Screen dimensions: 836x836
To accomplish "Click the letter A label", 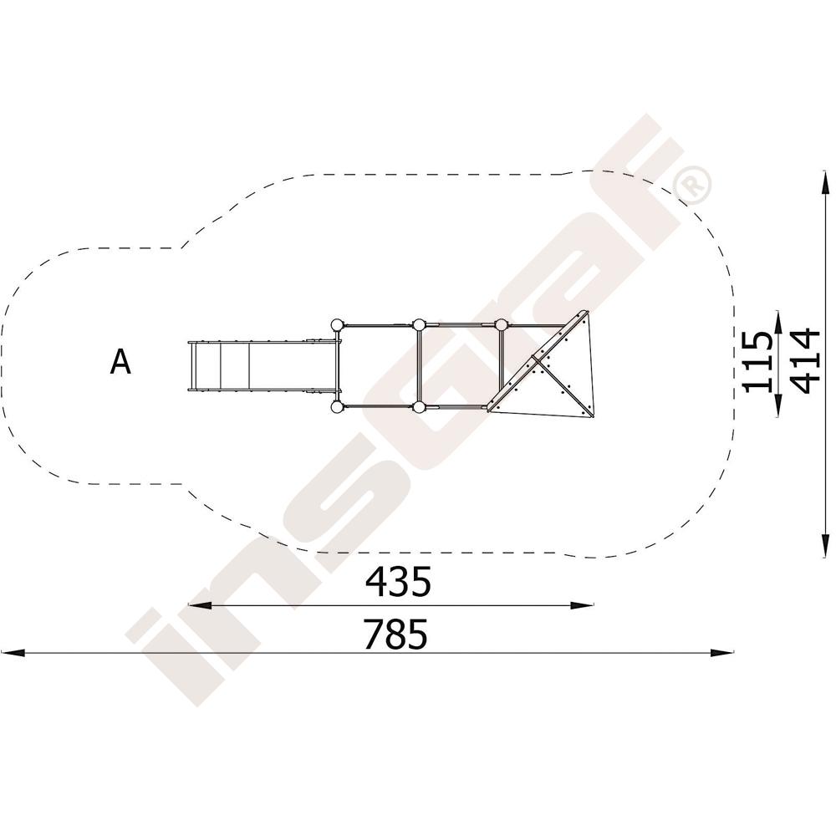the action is point(120,362).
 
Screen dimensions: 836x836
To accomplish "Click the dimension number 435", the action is point(398,582).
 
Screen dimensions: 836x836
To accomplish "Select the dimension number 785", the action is point(395,634).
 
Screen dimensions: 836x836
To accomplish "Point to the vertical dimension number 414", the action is point(804,361).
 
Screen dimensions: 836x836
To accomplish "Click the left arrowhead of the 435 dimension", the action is point(200,605).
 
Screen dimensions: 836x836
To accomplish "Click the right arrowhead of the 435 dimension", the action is point(582,605).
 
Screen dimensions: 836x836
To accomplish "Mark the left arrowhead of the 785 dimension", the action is point(13,653).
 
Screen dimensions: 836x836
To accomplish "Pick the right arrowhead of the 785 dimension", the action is point(722,653).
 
